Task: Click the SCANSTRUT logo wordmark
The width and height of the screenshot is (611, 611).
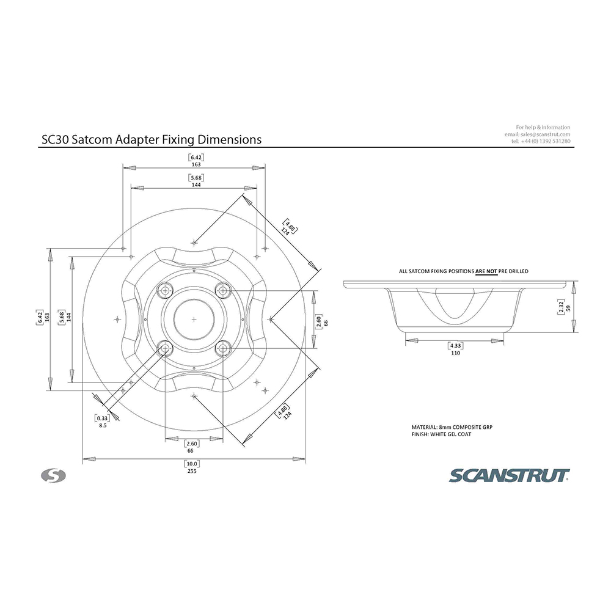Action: coord(509,476)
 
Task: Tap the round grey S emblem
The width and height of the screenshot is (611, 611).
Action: coord(53,476)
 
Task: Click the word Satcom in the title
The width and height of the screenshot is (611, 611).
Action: coord(93,139)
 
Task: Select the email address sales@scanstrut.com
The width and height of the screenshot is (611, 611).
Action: coord(545,134)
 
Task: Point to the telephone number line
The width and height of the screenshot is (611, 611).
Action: coord(541,141)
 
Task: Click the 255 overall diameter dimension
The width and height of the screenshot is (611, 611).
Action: coord(192,471)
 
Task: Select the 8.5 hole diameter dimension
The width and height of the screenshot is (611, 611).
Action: coord(103,425)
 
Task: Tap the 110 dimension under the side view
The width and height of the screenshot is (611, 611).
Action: coord(456,353)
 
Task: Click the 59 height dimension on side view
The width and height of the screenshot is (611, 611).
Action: coord(568,308)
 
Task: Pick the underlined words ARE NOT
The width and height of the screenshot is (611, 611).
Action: coord(486,271)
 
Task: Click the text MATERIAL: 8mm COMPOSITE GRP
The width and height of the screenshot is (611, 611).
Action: coord(452,427)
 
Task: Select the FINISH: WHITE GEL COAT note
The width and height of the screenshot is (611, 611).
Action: coord(442,434)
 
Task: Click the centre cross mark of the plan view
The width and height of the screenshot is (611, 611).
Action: coord(194,320)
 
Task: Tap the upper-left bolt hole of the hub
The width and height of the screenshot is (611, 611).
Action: coord(165,290)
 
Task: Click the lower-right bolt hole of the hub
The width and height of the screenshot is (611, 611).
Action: coord(223,348)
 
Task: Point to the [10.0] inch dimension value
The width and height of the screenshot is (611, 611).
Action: coord(192,464)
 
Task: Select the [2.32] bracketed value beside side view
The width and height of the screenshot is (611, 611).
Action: coord(561,307)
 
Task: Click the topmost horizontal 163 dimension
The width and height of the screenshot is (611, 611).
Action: coord(196,164)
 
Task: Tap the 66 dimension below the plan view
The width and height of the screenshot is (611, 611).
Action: coord(190,451)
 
